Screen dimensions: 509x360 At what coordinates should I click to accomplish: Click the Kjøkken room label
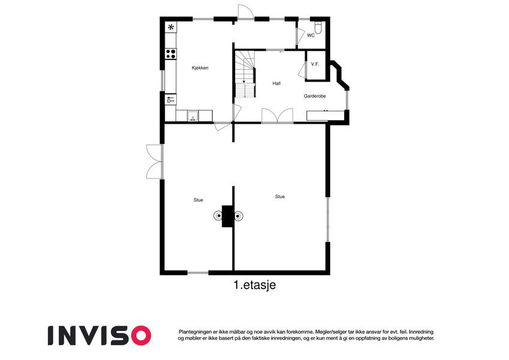click(x=200, y=68)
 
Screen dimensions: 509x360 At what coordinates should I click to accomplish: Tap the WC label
click(x=311, y=35)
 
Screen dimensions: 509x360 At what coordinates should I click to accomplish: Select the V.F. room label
click(x=315, y=64)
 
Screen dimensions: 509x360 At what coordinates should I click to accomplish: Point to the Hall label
click(x=276, y=83)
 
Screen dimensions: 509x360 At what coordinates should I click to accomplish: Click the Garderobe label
click(x=315, y=96)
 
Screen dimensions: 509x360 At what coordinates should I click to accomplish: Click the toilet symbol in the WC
click(x=318, y=27)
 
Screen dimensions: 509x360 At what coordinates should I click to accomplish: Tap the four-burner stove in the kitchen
click(x=171, y=53)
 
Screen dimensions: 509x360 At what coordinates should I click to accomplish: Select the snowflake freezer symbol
click(x=171, y=27)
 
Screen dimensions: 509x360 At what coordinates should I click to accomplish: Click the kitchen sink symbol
click(x=193, y=116)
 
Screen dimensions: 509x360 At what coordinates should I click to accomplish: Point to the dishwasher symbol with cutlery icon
click(x=171, y=100)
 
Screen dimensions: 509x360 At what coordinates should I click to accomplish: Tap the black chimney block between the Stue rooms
click(x=228, y=216)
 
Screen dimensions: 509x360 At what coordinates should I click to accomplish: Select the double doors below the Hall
click(x=278, y=116)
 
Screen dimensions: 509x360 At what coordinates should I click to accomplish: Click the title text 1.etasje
click(x=255, y=285)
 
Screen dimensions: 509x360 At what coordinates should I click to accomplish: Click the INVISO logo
click(x=100, y=335)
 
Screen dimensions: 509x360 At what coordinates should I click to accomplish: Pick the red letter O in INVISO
click(x=140, y=335)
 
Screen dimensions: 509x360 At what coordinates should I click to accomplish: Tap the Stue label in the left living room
click(x=198, y=200)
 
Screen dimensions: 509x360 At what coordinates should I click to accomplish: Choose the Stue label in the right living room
click(x=280, y=197)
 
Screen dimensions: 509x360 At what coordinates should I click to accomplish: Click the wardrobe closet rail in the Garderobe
click(x=326, y=116)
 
